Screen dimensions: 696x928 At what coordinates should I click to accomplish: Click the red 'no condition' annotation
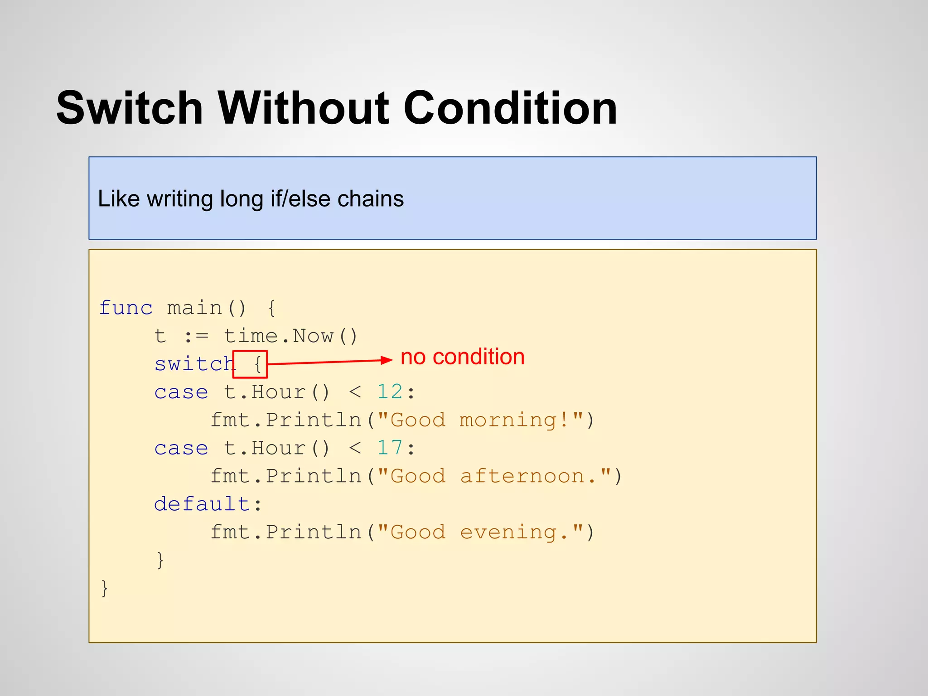click(x=463, y=357)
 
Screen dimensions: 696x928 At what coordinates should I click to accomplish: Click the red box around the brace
click(x=250, y=364)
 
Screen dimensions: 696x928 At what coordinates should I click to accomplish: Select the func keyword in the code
click(x=126, y=308)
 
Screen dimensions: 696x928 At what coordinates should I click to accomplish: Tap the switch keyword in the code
click(x=194, y=364)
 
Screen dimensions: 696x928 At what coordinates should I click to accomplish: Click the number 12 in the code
click(x=390, y=392)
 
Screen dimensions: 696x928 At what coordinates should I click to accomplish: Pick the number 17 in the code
click(x=390, y=448)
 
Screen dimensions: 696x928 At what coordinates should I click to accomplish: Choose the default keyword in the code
click(x=202, y=504)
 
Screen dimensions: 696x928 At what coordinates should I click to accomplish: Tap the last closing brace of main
click(x=105, y=588)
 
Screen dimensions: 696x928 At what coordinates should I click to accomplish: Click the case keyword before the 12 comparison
click(x=181, y=392)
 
